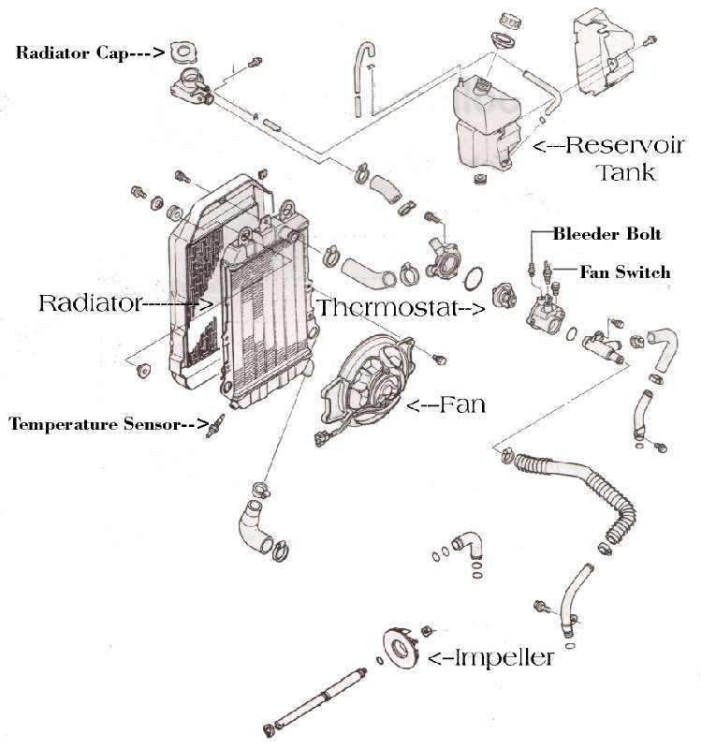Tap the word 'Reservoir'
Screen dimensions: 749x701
(x=611, y=145)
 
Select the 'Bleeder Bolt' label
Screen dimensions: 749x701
(x=606, y=233)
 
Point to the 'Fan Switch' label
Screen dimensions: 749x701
(x=624, y=272)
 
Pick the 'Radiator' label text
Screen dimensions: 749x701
(x=89, y=303)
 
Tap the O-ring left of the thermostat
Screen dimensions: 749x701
(x=475, y=278)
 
